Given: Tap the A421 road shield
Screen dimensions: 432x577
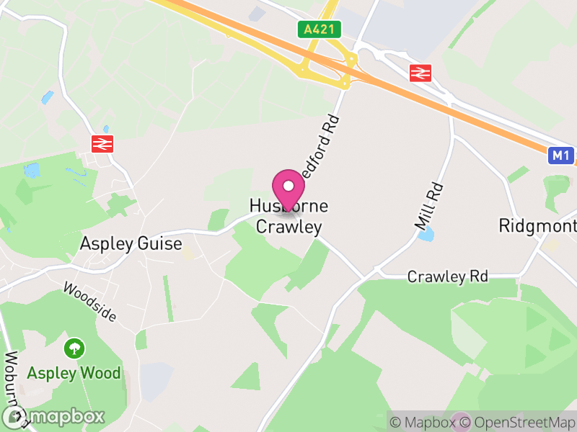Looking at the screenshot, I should pos(319,30).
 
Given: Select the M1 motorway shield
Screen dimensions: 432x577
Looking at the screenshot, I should pos(560,156).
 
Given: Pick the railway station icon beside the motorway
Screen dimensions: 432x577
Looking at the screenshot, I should pos(420,72).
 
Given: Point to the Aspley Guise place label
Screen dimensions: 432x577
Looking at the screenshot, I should pos(131,243).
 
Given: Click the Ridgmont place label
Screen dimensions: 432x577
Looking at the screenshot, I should pos(538,226).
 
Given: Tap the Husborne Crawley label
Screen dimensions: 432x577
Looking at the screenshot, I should pos(288,217).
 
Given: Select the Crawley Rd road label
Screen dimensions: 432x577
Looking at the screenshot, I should pos(447,276).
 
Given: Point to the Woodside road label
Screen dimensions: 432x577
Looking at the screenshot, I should pos(89,300).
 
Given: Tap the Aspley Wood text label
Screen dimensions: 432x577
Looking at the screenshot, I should pos(74,373).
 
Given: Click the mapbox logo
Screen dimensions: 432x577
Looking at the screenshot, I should pos(53,416).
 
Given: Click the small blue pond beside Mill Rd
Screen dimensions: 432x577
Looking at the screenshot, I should pos(426,234).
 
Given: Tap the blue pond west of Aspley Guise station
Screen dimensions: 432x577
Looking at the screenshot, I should pos(32,171).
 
